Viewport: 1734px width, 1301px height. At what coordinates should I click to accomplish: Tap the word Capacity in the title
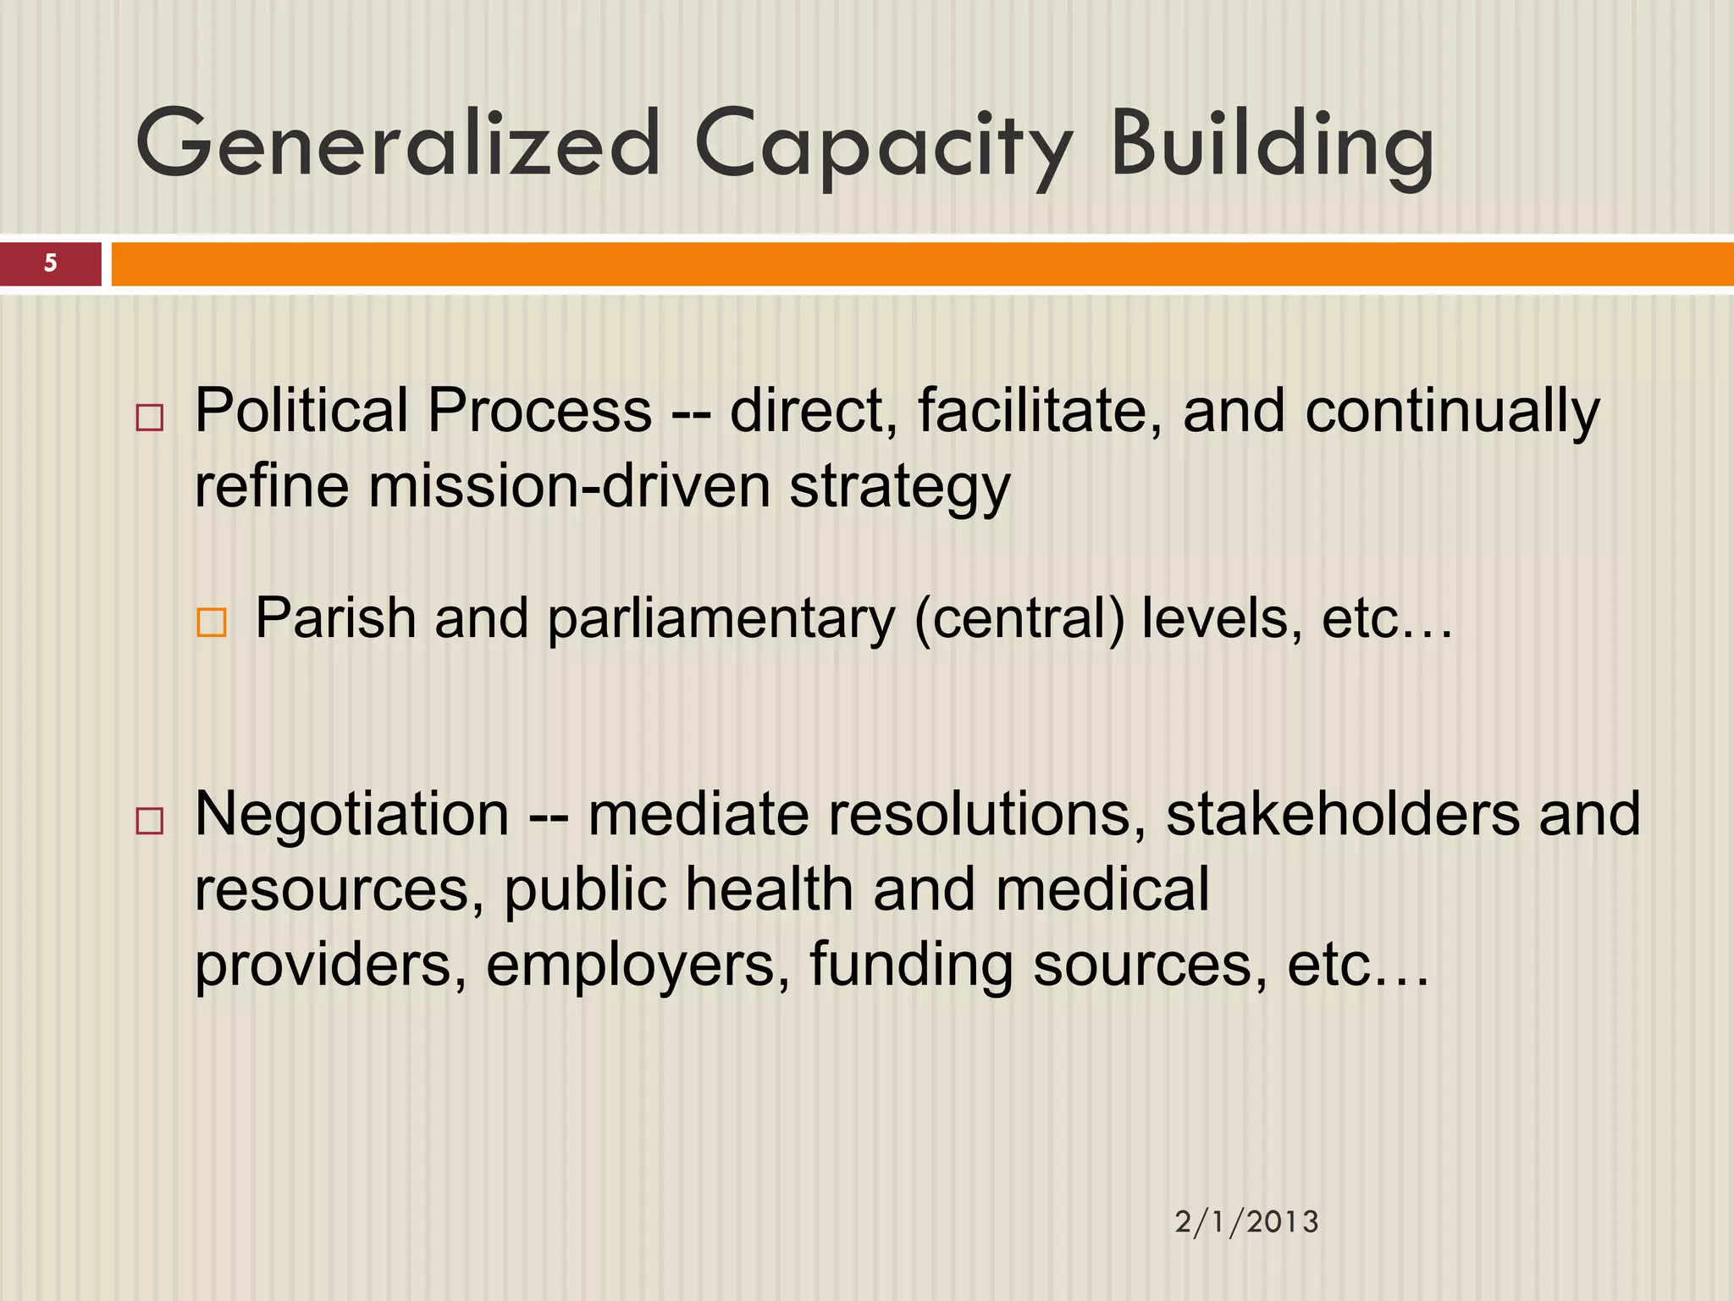tap(885, 146)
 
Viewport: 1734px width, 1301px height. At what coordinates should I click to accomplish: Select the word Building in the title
tap(1272, 146)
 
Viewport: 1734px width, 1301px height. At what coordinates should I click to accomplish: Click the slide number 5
tap(51, 263)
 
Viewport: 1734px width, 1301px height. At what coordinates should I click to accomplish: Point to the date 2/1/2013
tap(1246, 1221)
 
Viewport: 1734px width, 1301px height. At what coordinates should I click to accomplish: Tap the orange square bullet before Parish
tap(211, 623)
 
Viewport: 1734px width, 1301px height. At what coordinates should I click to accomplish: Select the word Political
tap(301, 411)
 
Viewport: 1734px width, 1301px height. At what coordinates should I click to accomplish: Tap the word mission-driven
tap(569, 487)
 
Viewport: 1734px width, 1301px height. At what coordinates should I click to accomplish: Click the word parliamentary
tap(721, 620)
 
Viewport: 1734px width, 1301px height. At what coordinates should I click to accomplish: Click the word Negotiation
tap(352, 814)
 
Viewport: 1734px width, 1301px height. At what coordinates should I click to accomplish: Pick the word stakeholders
tap(1343, 814)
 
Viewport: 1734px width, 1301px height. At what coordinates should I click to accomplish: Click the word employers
tap(631, 966)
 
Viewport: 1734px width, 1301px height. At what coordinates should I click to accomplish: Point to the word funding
tap(911, 966)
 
